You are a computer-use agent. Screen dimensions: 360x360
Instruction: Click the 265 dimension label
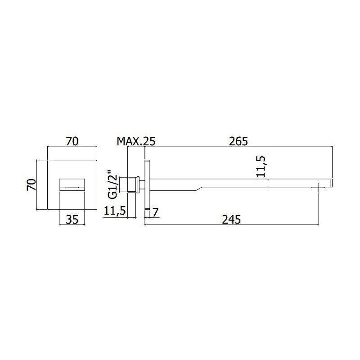coord(238,141)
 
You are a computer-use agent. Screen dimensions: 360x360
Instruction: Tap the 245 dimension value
coord(231,220)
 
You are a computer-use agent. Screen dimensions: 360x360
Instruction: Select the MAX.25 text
coord(136,141)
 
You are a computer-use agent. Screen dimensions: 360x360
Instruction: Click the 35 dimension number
coord(72,220)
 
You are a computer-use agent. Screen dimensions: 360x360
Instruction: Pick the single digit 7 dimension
coord(155,212)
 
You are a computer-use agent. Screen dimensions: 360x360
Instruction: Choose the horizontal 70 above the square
coord(72,141)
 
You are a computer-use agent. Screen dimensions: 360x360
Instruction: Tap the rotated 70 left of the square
coord(31,184)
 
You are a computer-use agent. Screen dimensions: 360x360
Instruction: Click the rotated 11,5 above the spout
coord(261,166)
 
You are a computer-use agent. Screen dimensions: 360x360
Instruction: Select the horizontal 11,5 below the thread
coord(115,211)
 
